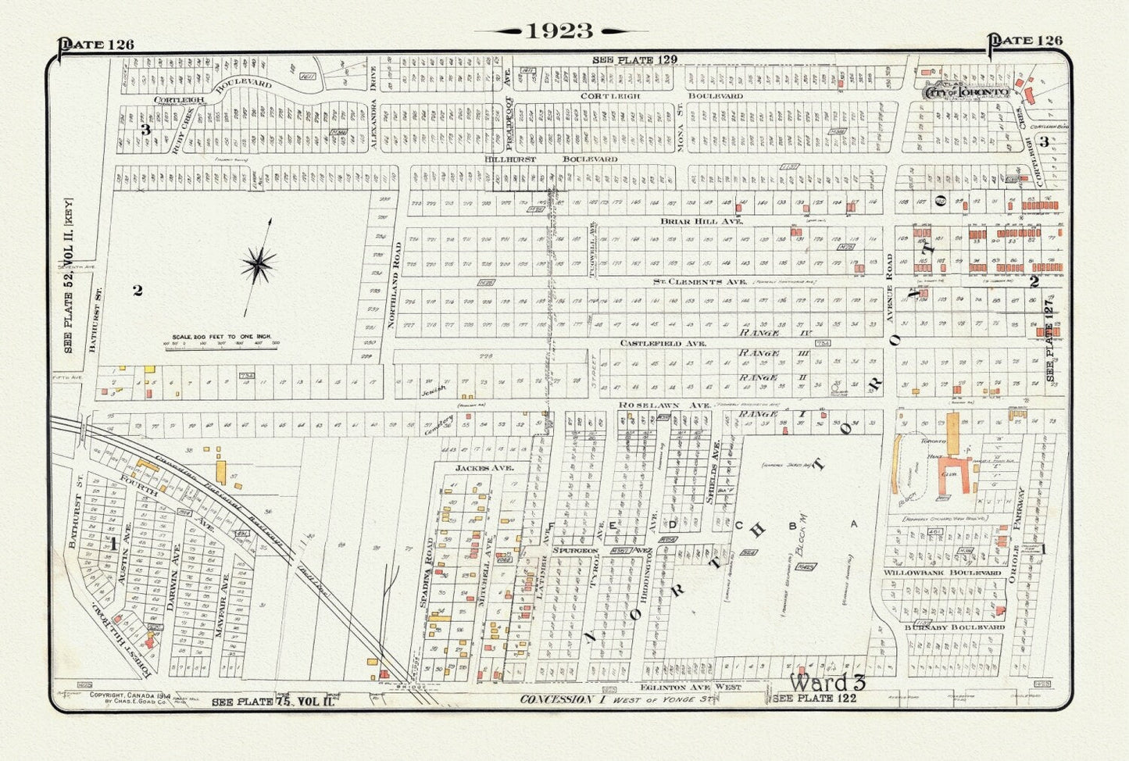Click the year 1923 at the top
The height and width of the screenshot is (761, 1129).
click(x=559, y=30)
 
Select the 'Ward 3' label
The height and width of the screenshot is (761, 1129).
click(x=827, y=681)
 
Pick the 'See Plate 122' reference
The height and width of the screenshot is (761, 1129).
click(x=814, y=698)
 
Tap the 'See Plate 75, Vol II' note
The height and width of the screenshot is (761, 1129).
click(x=273, y=702)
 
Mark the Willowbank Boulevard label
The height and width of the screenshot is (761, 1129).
click(x=942, y=573)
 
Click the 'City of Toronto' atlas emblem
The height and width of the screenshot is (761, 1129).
click(x=966, y=91)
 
